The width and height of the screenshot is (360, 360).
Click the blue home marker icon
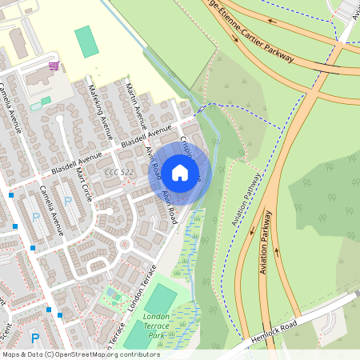coord(180,172)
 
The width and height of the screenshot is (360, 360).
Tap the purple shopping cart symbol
coord(54,66)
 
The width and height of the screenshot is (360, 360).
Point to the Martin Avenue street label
coord(134,106)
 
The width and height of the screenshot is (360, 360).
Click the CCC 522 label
coord(118,171)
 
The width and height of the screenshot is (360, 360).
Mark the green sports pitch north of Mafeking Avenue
coord(86,42)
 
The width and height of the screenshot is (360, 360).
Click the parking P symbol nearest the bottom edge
coord(34,338)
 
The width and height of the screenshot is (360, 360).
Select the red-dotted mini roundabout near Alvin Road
coord(124,243)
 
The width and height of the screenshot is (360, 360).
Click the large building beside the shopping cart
coord(35,78)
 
